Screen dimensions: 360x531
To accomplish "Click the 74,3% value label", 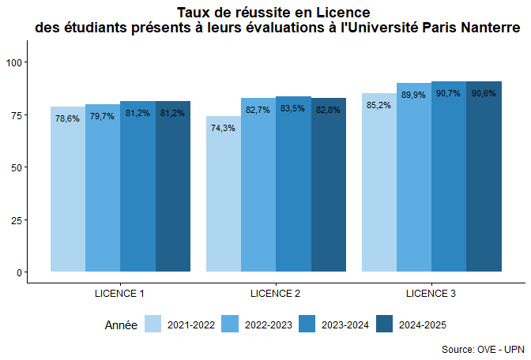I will [x=224, y=128].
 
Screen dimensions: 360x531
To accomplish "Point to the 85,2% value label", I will [x=379, y=105].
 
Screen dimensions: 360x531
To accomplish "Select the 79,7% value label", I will [x=103, y=116].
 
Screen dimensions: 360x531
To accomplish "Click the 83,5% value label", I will [x=293, y=108].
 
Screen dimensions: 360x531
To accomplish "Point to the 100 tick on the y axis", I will [x=15, y=62].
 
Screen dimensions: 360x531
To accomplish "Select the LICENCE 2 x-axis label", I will [x=275, y=294].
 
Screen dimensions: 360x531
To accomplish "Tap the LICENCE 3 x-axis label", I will [x=431, y=294].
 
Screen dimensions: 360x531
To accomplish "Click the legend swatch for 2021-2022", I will [x=153, y=324].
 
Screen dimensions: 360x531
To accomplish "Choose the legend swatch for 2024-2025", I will [x=385, y=324].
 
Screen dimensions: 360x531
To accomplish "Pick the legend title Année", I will [x=121, y=324].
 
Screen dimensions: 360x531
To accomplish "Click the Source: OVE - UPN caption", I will [x=483, y=349].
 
